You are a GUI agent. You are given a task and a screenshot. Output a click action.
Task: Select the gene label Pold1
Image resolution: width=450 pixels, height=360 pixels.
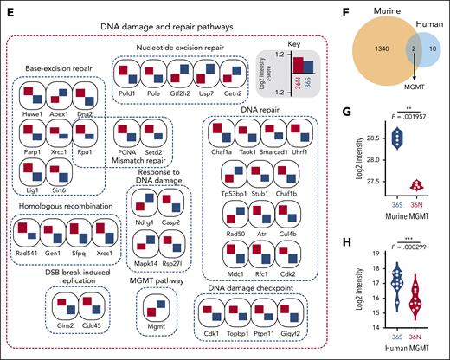(x=129, y=88)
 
